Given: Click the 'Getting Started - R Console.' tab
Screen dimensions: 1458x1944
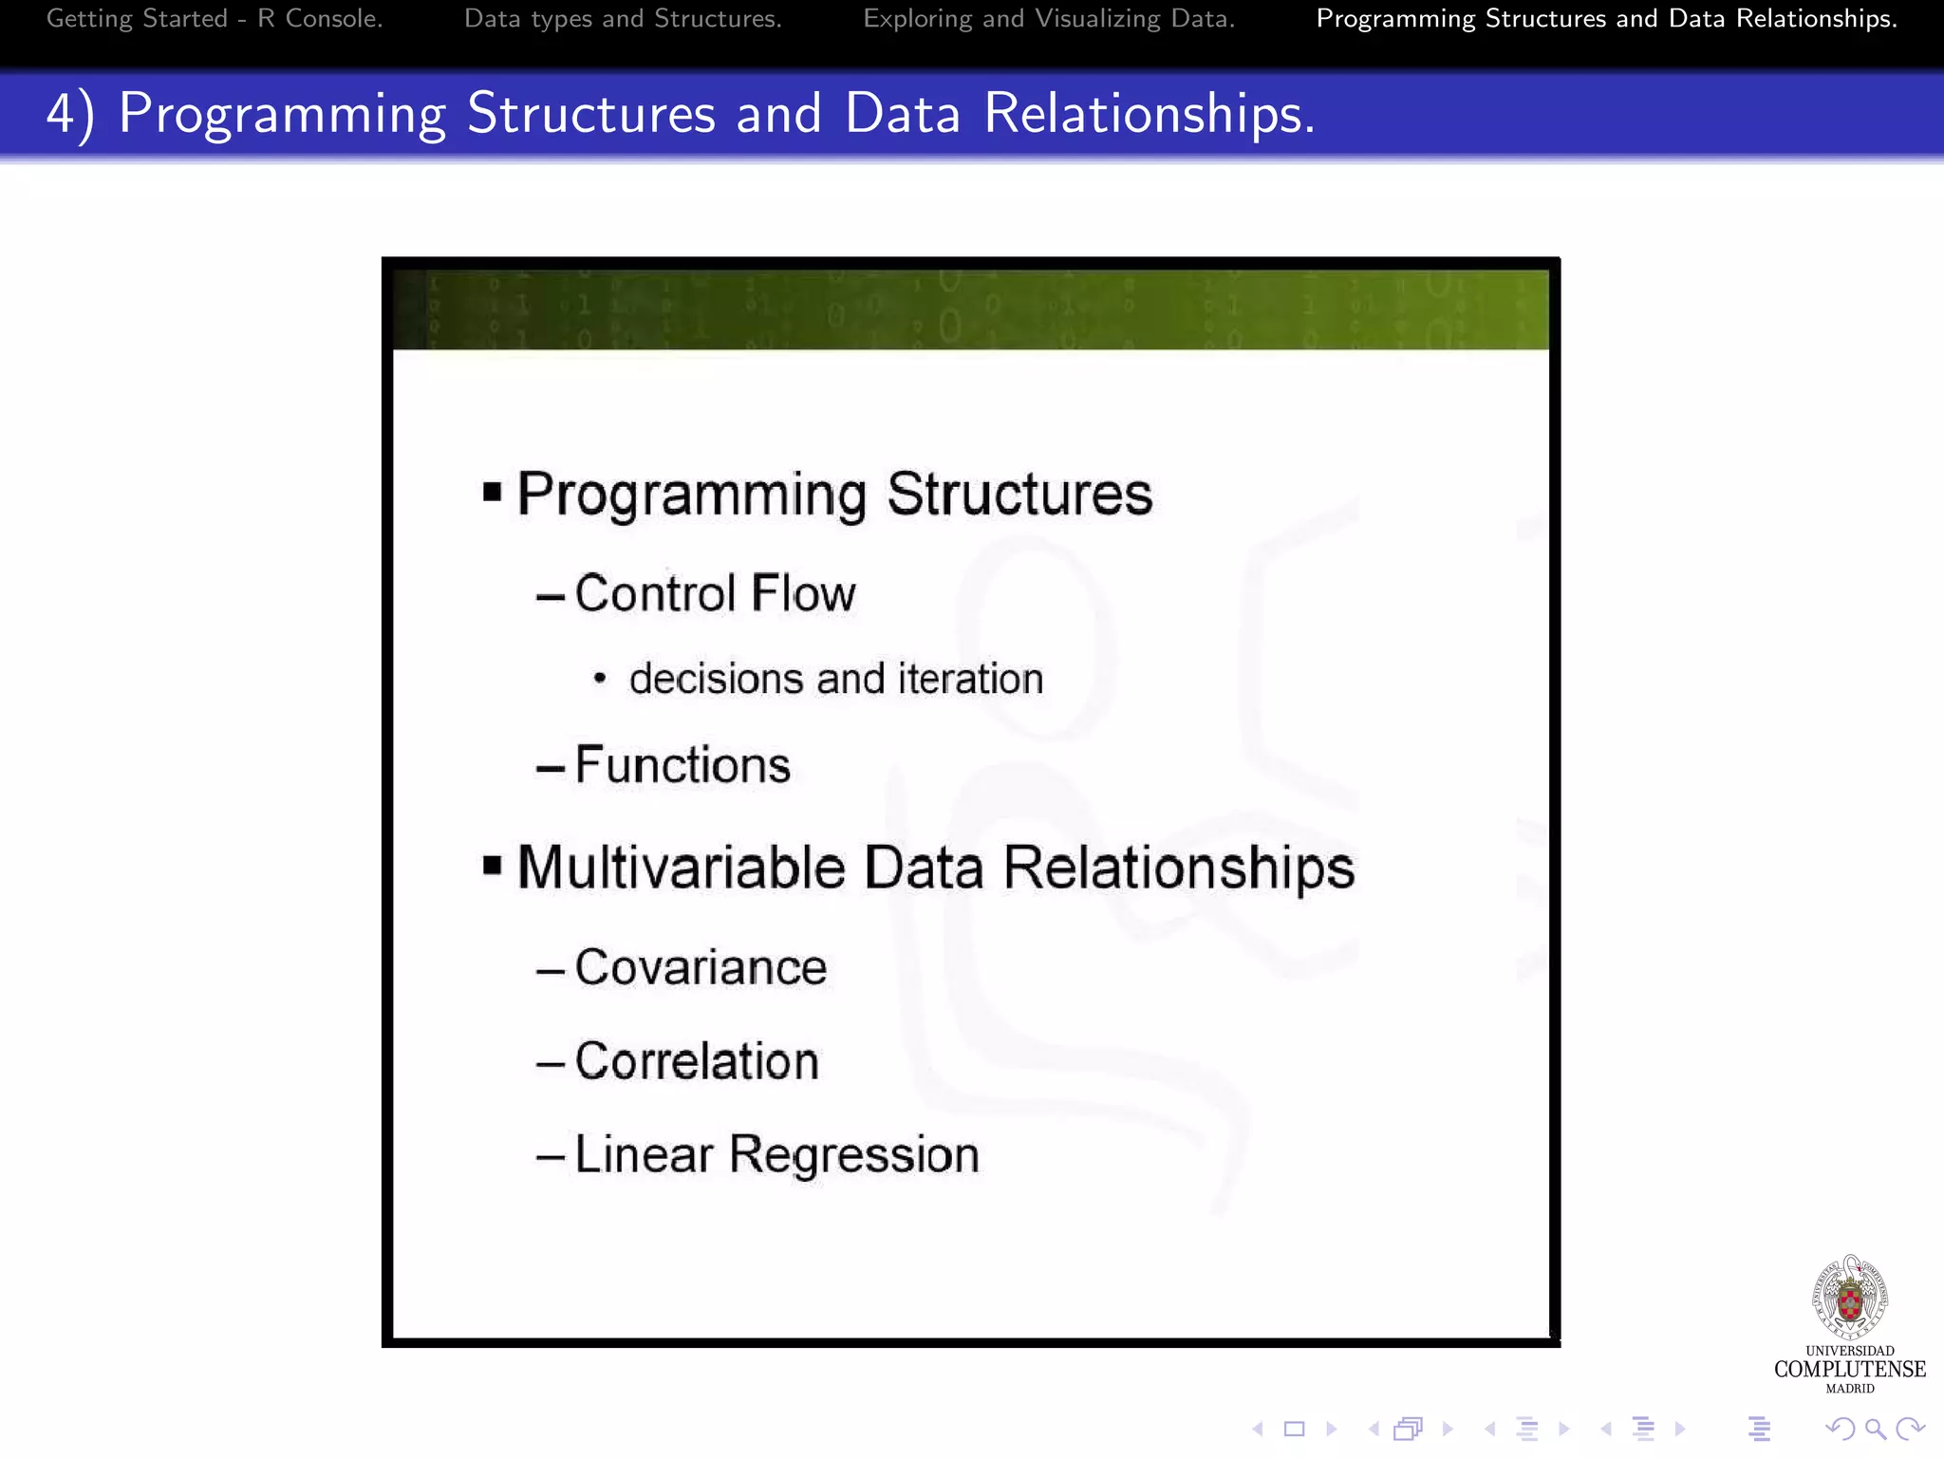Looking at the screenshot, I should coord(215,19).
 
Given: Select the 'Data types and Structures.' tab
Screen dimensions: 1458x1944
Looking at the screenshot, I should coord(623,19).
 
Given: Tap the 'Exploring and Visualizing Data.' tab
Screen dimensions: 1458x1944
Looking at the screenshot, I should coord(1049,19).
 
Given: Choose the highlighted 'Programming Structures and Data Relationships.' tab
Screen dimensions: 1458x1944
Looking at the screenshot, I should coord(1606,19).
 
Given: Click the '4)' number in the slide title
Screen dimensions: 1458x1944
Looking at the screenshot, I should coord(70,114).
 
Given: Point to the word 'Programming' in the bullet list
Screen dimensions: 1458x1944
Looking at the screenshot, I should coord(691,495).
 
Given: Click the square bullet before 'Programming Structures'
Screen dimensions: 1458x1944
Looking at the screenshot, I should coord(492,492).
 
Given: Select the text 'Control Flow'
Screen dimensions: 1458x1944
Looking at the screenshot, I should coord(715,593).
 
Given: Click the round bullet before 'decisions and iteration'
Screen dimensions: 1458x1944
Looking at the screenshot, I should coord(599,680).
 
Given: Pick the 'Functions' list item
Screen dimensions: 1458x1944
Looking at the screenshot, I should coord(682,765).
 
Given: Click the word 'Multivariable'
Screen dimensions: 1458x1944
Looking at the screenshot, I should coord(681,868).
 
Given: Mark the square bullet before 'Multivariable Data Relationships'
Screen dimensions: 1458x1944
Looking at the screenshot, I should coord(492,866).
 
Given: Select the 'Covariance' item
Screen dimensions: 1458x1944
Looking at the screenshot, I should coord(701,968).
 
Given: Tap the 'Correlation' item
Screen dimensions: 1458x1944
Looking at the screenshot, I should coord(697,1061).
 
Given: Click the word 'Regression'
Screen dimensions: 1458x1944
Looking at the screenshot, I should coord(853,1155).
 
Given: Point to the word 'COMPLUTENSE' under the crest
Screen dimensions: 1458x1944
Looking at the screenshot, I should coord(1849,1369).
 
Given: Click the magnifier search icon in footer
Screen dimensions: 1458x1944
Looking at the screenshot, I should coord(1875,1429).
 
